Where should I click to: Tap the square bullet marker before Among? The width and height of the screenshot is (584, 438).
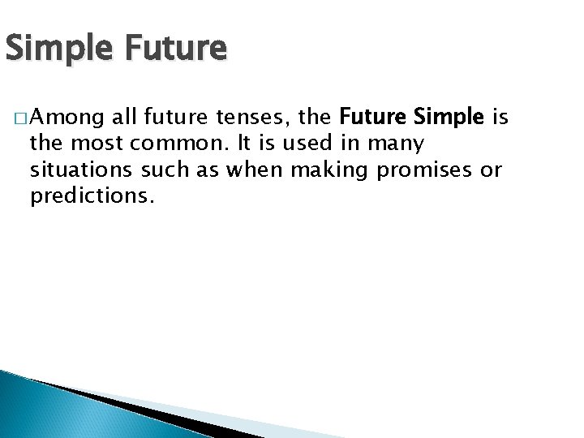[x=19, y=120]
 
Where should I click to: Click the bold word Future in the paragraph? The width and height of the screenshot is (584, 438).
[x=373, y=120]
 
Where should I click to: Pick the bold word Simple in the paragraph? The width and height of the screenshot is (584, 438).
[x=449, y=120]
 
